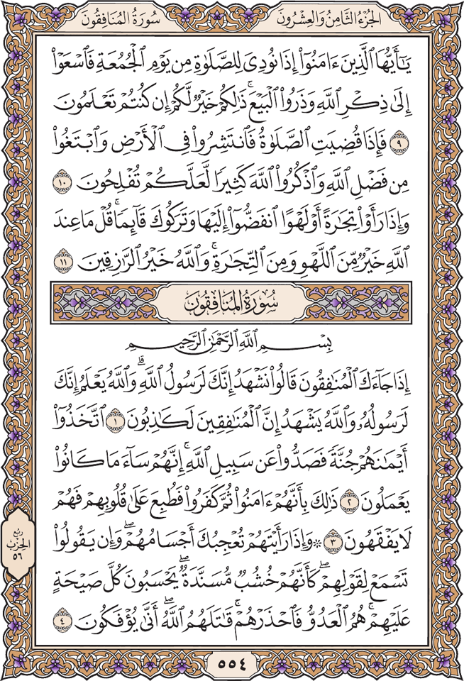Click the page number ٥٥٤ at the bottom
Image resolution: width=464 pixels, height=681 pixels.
[231, 665]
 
